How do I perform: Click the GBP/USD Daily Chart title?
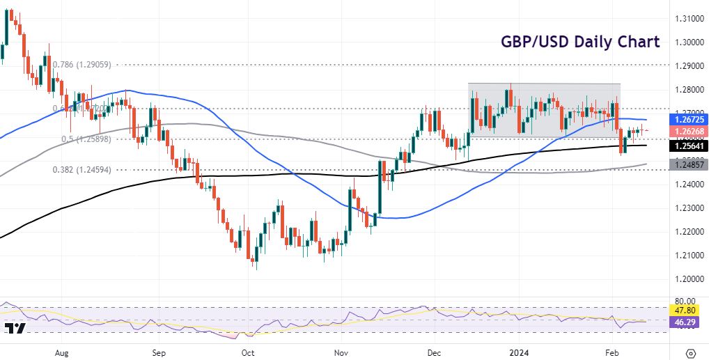(x=579, y=41)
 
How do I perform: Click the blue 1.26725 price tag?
(x=688, y=119)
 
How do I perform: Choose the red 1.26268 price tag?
(x=688, y=130)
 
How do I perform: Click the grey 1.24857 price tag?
(x=688, y=164)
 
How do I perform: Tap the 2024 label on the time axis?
(x=520, y=352)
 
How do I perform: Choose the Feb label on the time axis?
(x=611, y=352)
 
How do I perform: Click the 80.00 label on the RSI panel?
(x=685, y=302)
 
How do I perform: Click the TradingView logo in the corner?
(x=15, y=329)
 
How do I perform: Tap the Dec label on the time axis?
(x=433, y=352)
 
